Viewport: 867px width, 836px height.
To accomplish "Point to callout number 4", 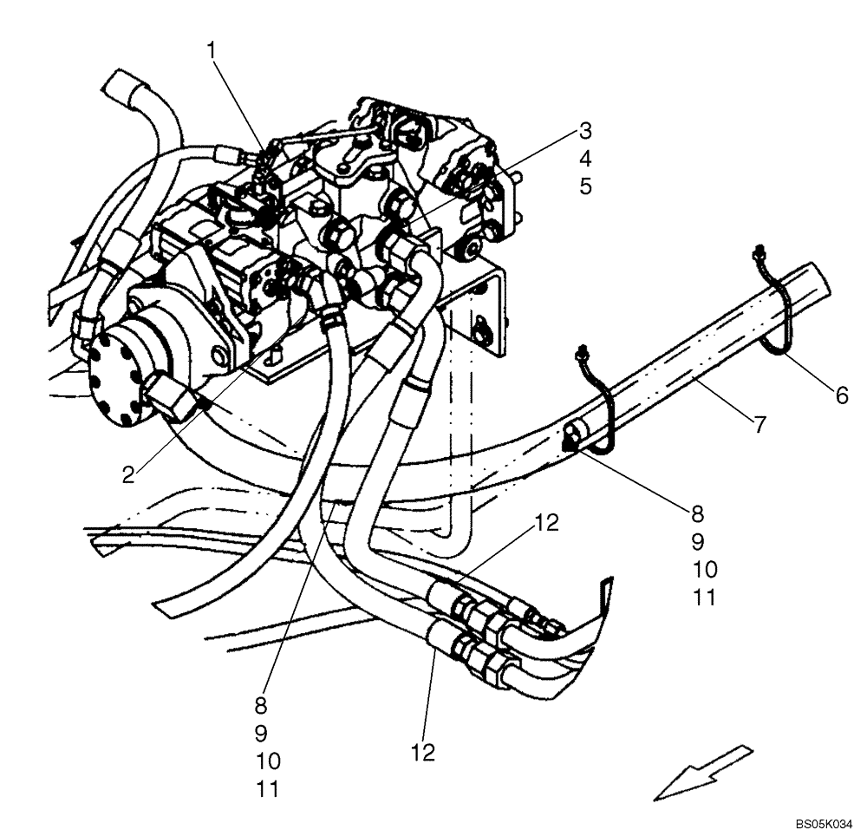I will coord(586,159).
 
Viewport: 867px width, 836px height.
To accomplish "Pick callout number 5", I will coord(586,186).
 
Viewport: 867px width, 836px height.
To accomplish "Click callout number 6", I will coord(842,395).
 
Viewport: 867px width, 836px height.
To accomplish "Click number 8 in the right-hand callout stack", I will coord(697,514).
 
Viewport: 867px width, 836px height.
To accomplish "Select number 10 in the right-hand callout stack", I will coord(706,570).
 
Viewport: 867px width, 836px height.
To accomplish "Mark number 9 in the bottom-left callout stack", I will coord(260,734).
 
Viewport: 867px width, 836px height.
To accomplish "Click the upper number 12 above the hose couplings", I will coord(547,523).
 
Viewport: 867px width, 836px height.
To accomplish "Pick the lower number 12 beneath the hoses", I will coord(422,753).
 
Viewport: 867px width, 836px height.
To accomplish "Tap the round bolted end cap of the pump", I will coord(117,377).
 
